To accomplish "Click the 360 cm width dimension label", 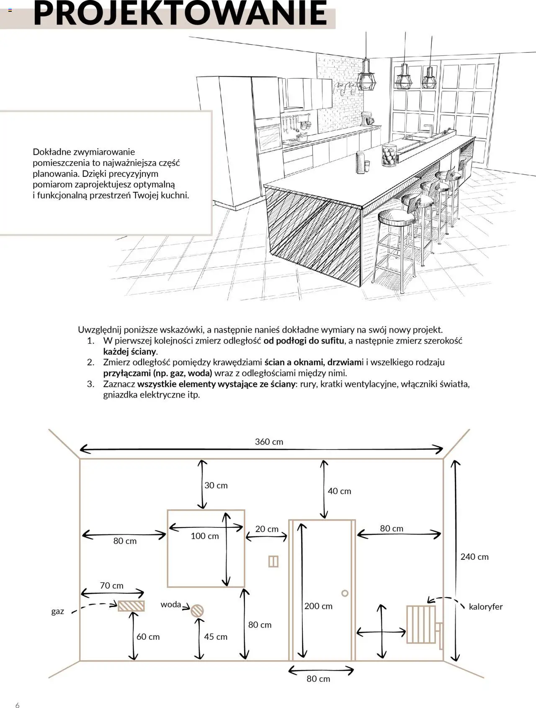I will pos(269,442).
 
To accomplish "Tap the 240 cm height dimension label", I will pos(474,557).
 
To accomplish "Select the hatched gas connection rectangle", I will pos(131,606).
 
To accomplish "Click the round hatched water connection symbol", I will pos(197,610).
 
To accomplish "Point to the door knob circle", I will pos(345,593).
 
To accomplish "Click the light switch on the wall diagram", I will pos(273,561).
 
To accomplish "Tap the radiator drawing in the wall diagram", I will pos(421,624).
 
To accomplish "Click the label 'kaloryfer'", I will pos(486,607).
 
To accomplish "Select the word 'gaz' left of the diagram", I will pos(58,611).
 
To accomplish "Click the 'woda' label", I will pos(171,605).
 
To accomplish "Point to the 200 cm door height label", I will pos(318,606).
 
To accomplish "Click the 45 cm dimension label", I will pos(216,637).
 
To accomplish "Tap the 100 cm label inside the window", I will pos(205,536).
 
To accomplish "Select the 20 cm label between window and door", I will pos(267,529).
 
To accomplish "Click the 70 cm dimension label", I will pos(111,586).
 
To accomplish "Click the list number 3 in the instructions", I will pos(91,384).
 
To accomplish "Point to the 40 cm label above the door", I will pos(339,491).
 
